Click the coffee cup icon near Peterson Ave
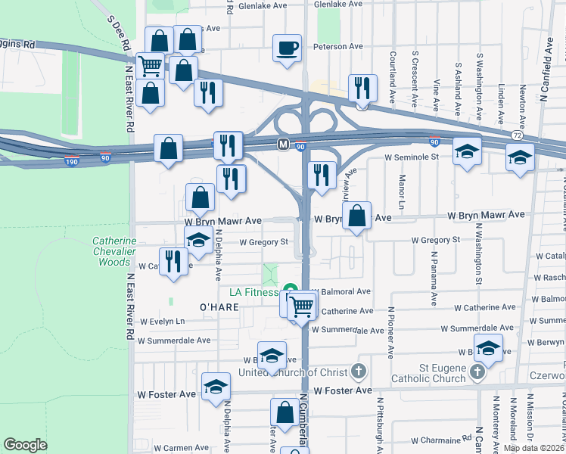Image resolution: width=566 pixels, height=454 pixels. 287,48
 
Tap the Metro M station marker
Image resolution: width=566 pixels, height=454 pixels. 283,144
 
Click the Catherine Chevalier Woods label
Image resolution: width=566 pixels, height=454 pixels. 114,252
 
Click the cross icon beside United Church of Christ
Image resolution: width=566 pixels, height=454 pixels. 358,372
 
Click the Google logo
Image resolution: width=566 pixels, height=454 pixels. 25,445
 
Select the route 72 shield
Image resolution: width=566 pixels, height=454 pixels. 515,134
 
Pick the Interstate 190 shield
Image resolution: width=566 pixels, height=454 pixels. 70,160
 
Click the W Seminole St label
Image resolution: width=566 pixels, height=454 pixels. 412,157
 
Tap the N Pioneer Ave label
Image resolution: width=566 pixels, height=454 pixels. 391,333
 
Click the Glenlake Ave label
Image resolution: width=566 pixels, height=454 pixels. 263,5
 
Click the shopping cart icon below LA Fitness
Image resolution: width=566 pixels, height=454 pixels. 301,307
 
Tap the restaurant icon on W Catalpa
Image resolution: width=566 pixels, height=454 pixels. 175,261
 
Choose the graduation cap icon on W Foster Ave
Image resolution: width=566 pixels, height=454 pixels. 216,387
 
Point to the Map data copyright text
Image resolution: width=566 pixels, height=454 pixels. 533,448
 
